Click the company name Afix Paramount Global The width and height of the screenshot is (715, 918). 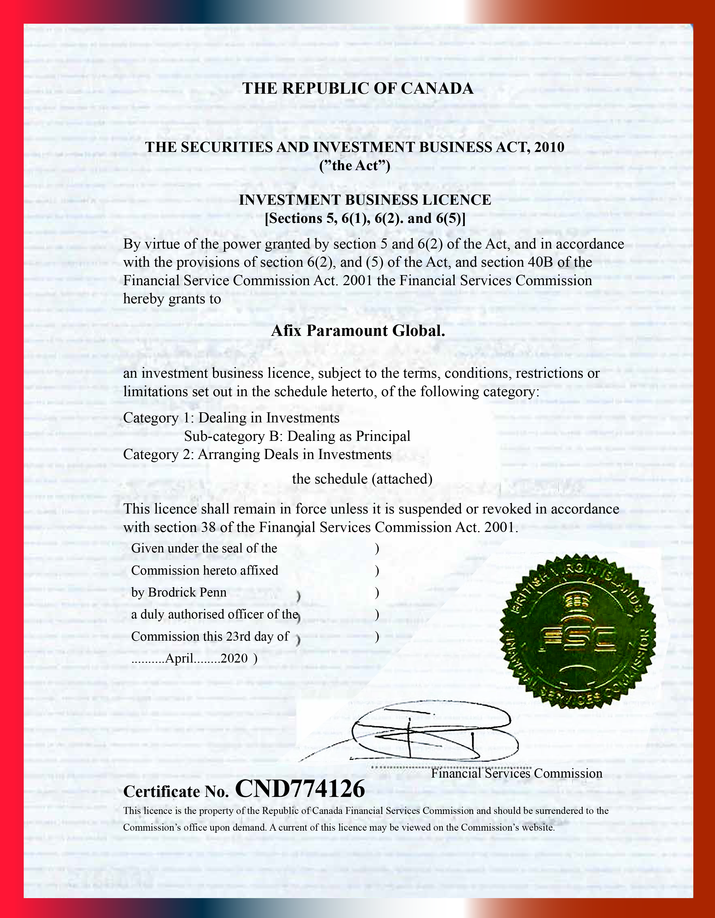point(358,331)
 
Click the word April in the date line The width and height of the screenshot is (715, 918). point(180,658)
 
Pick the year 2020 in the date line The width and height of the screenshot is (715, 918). point(234,658)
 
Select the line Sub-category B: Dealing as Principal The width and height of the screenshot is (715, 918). point(297,436)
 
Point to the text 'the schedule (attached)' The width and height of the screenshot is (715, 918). point(362,479)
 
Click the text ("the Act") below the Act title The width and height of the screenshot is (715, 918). point(355,165)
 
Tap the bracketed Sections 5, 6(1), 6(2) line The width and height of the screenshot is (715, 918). point(365,219)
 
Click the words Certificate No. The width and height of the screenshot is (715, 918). point(176,792)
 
